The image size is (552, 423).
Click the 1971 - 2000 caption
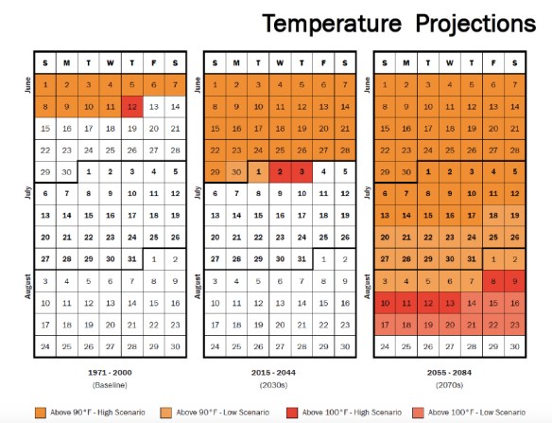pos(110,375)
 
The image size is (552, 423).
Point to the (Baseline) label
pos(110,386)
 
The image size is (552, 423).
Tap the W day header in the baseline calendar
pos(110,62)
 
